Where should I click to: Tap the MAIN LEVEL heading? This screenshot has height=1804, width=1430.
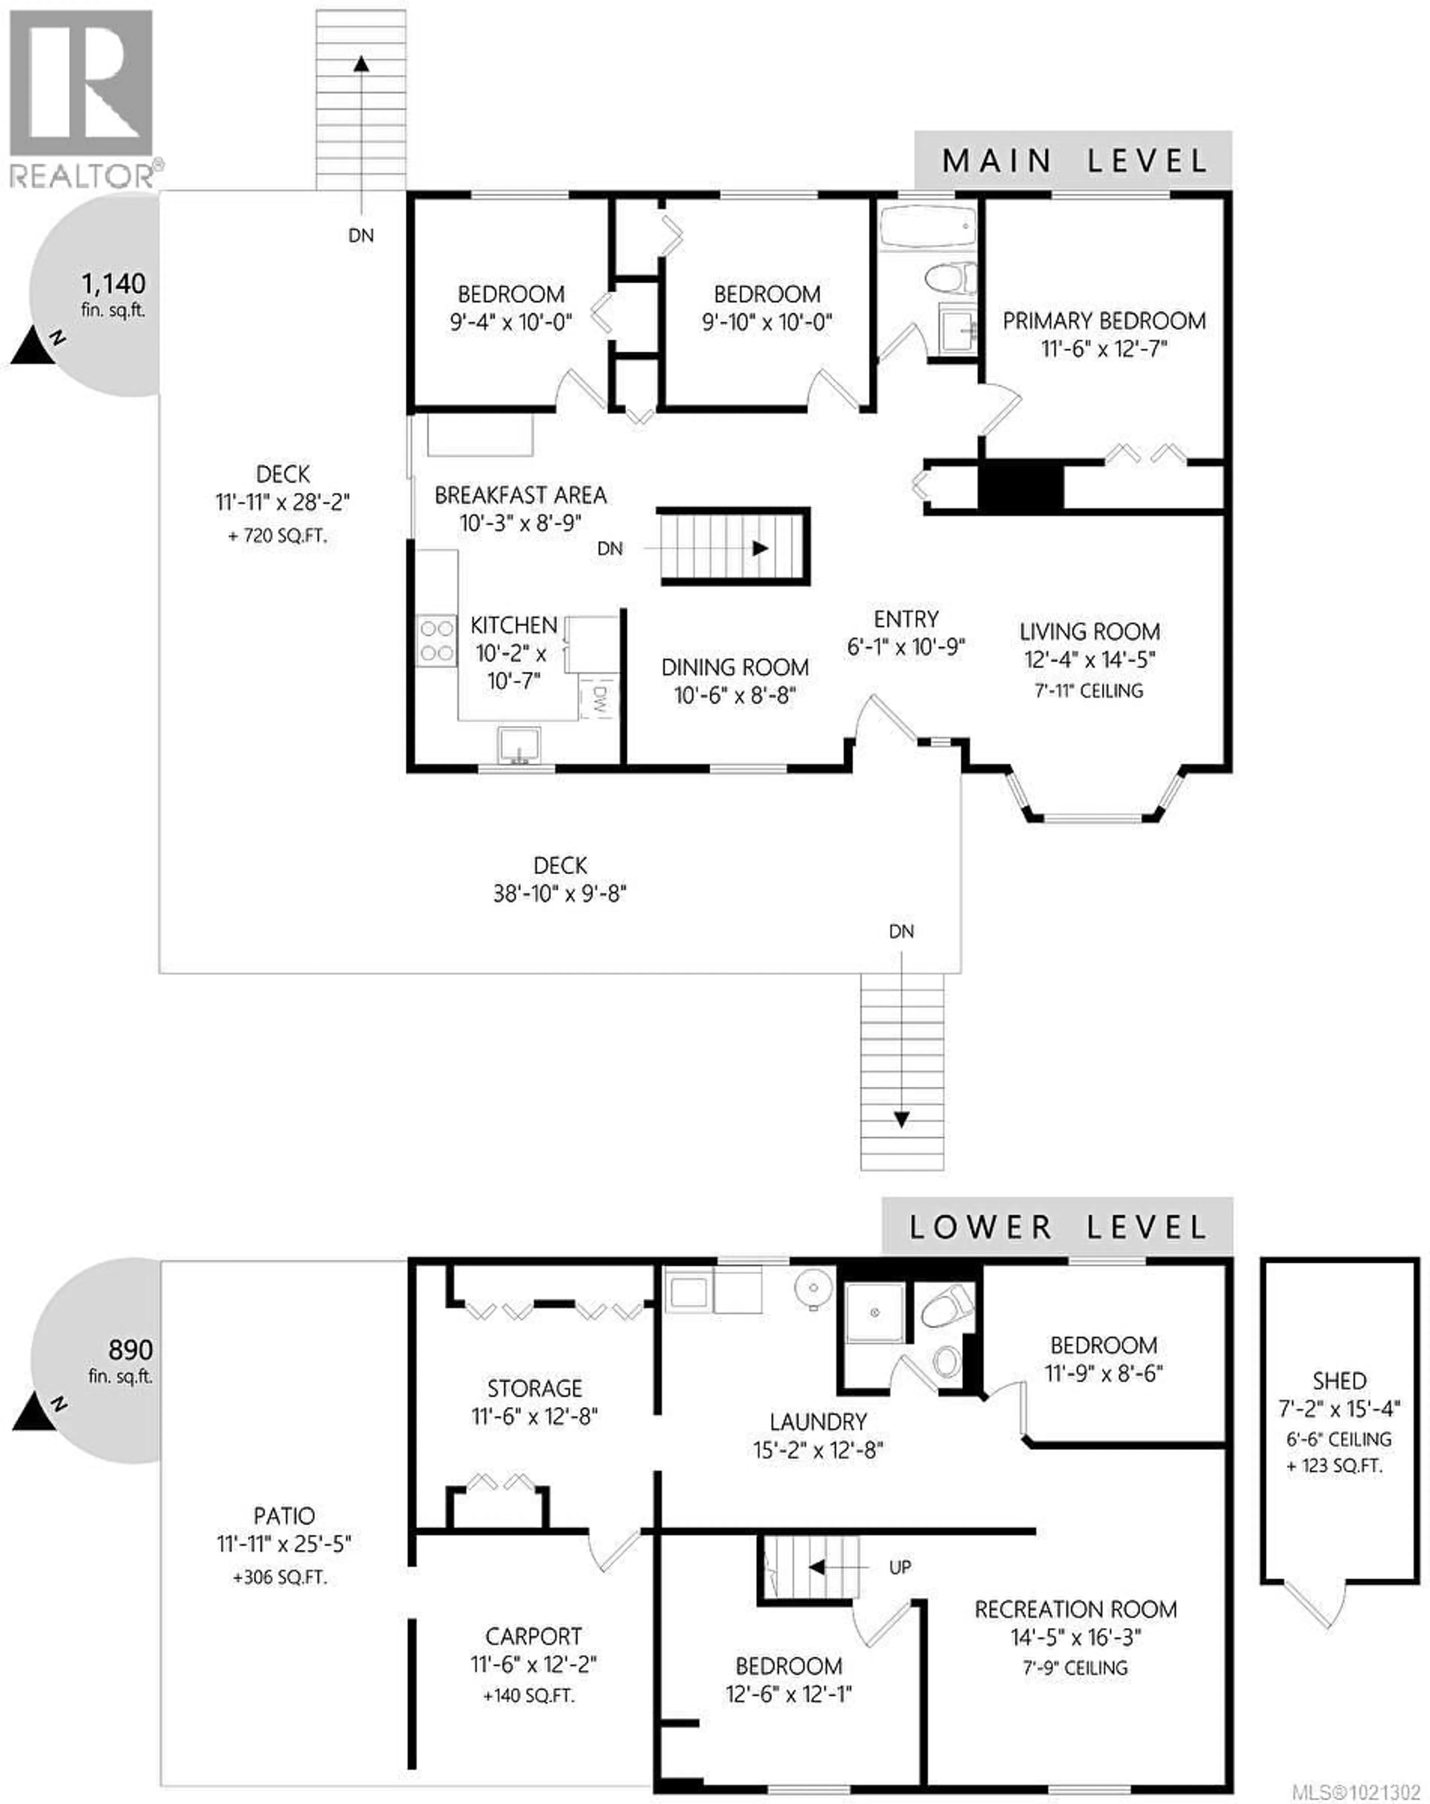(x=1074, y=160)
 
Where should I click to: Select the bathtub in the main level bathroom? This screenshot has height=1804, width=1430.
(x=927, y=226)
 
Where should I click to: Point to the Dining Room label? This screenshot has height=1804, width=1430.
(x=735, y=668)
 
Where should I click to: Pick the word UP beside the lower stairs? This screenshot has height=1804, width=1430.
(x=899, y=1567)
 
